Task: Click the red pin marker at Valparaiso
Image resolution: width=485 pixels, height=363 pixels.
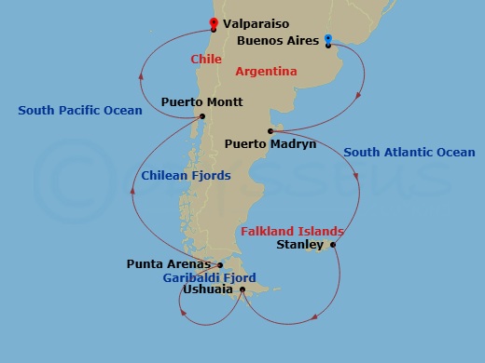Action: (214, 23)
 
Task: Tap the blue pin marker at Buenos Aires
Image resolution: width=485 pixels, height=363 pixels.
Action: (328, 40)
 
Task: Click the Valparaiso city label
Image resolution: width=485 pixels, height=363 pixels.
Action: (257, 23)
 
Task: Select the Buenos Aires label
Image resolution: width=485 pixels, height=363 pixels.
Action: (277, 42)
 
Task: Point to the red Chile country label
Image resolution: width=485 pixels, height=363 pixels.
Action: (205, 59)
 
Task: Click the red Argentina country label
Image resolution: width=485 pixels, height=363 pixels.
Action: (266, 71)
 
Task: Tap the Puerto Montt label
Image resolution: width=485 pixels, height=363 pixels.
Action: (202, 101)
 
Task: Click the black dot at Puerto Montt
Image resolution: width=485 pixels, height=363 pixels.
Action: (202, 116)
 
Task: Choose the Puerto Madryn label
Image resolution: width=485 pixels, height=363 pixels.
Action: (270, 144)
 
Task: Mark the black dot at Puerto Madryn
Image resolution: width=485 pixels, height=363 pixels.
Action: (270, 130)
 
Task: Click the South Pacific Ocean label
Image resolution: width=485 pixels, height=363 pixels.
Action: (80, 111)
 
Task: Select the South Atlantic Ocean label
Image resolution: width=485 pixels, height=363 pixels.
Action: (409, 152)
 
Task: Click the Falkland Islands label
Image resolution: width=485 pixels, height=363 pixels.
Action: (292, 231)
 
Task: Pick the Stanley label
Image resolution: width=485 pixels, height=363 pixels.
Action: (300, 246)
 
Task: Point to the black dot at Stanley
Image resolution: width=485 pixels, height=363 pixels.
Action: (332, 246)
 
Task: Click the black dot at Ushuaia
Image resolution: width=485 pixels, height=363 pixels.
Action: (242, 289)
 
